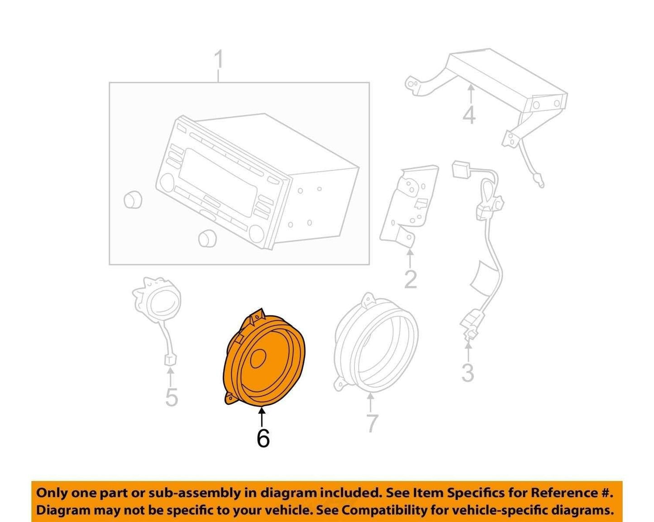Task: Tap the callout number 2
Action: [x=411, y=279]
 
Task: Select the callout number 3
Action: [x=468, y=373]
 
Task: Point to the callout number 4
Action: [x=469, y=115]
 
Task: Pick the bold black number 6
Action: [x=263, y=438]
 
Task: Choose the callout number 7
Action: [x=372, y=423]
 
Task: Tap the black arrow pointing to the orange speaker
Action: [x=262, y=417]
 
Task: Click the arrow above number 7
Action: [x=371, y=402]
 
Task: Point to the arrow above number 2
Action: [x=410, y=259]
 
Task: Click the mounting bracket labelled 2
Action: [x=409, y=207]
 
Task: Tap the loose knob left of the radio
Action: [x=133, y=200]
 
